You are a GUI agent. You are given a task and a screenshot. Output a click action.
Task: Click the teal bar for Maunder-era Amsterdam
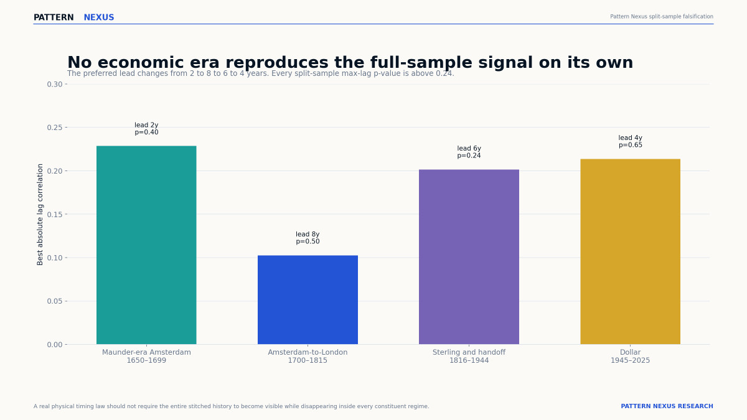pyautogui.click(x=146, y=245)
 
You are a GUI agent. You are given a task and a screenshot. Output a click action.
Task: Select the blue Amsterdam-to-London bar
pyautogui.click(x=308, y=300)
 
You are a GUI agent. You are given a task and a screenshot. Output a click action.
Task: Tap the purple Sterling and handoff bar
pyautogui.click(x=469, y=256)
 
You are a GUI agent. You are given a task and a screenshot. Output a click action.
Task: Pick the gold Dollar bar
pyautogui.click(x=630, y=251)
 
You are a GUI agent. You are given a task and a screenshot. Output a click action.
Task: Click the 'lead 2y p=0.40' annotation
pyautogui.click(x=146, y=129)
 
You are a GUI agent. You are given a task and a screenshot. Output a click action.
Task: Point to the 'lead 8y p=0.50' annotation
pyautogui.click(x=308, y=238)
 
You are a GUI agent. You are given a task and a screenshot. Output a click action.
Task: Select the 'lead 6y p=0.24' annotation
pyautogui.click(x=469, y=152)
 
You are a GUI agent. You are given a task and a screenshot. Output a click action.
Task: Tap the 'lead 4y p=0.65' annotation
pyautogui.click(x=630, y=141)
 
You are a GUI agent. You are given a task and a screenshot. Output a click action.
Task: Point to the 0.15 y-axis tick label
pyautogui.click(x=55, y=214)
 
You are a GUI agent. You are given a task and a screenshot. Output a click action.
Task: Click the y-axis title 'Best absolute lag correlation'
pyautogui.click(x=40, y=214)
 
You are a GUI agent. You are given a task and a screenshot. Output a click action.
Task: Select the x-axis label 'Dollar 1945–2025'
pyautogui.click(x=630, y=357)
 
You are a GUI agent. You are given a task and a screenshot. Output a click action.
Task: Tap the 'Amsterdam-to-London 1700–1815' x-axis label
pyautogui.click(x=308, y=357)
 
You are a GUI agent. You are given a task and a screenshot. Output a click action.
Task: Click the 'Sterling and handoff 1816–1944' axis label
pyautogui.click(x=469, y=357)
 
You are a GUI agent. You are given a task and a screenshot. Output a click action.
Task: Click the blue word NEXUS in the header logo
pyautogui.click(x=99, y=17)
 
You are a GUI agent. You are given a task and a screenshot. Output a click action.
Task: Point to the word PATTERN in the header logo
pyautogui.click(x=54, y=17)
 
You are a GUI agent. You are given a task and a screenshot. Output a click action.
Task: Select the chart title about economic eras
pyautogui.click(x=350, y=62)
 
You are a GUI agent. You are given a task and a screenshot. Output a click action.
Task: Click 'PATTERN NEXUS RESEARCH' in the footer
pyautogui.click(x=667, y=406)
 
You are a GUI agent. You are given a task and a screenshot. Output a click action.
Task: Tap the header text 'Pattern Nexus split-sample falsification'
pyautogui.click(x=662, y=16)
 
